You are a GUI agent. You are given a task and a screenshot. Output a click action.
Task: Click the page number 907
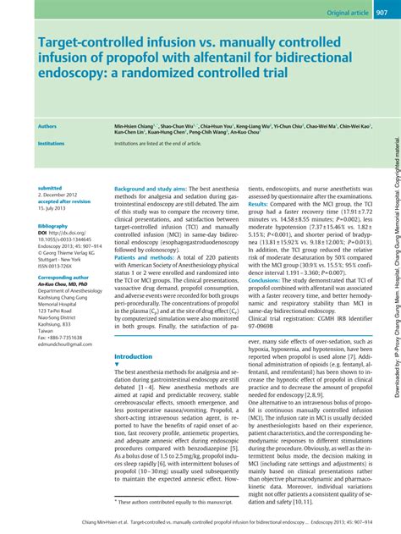pos(382,14)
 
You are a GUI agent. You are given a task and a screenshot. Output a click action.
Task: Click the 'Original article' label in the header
pos(338,14)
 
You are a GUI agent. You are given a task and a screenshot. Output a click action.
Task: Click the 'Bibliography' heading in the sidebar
pos(52,226)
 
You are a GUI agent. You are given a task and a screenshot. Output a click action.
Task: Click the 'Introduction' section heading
pos(134,357)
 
